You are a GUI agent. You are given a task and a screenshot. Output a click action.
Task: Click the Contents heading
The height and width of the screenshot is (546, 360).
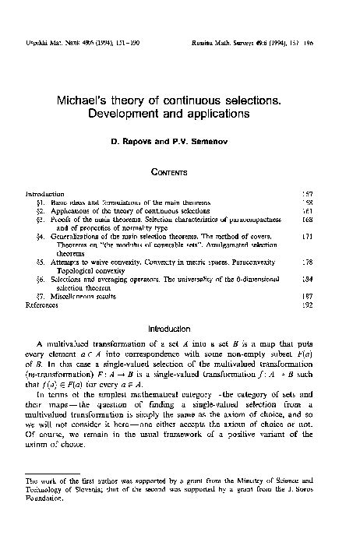(x=179, y=167)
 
